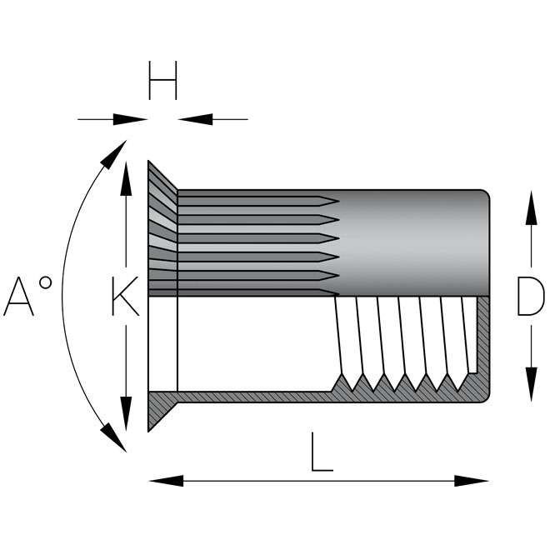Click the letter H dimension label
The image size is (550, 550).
pyautogui.click(x=162, y=81)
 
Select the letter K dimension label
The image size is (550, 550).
pyautogui.click(x=125, y=297)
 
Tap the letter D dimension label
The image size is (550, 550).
pyautogui.click(x=529, y=297)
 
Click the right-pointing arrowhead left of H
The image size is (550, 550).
pyautogui.click(x=133, y=119)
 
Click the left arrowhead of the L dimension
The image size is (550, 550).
pyautogui.click(x=162, y=481)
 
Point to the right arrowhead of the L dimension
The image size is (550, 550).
pyautogui.click(x=475, y=481)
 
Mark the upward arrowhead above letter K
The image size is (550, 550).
pyautogui.click(x=125, y=177)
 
